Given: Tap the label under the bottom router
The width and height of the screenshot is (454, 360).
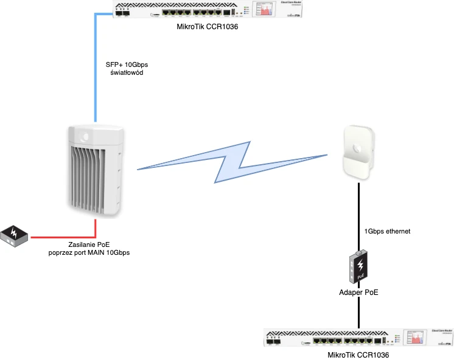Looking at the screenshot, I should click(x=358, y=355).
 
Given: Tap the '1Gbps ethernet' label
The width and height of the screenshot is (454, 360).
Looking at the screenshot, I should click(x=388, y=231).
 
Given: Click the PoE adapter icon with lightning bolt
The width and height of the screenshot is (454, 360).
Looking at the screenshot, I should click(x=360, y=266).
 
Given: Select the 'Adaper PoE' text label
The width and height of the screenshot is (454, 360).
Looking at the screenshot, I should click(x=359, y=292).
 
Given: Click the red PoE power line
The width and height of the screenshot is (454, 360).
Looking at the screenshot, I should click(x=67, y=236).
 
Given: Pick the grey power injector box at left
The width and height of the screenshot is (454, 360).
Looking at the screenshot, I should click(x=15, y=235).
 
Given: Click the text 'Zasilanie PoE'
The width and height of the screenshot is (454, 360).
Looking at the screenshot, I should click(x=89, y=244).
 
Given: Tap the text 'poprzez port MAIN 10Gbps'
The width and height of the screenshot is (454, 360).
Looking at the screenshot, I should click(x=89, y=252).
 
